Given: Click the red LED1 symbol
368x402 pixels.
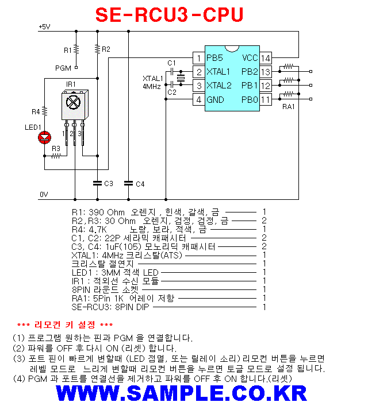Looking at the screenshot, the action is (45, 138).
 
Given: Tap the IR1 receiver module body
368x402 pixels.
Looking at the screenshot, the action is (75, 105).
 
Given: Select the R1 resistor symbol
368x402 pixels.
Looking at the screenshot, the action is (76, 49).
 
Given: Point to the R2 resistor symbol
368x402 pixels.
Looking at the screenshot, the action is (97, 49).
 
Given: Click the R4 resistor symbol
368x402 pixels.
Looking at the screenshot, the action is (45, 111).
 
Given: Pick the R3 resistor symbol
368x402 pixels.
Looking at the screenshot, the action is (56, 156).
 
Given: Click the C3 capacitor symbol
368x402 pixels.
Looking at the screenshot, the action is (97, 183).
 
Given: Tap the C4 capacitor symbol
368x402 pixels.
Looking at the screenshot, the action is (128, 183).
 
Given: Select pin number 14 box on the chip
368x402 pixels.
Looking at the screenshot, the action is (266, 58).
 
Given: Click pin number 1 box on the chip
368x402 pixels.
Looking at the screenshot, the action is (199, 58).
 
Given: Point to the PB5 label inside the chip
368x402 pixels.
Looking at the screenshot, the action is (215, 58).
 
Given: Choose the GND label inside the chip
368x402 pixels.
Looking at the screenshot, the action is (215, 99).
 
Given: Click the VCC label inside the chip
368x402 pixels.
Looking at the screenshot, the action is (250, 58).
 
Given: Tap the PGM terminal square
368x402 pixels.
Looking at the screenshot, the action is (76, 67).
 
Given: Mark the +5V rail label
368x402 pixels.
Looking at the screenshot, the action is (44, 26).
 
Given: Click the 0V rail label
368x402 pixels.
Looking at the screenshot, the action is (44, 194).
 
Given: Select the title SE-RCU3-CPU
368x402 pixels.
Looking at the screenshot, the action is (169, 14).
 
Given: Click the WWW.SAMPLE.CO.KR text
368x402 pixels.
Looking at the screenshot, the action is (182, 393).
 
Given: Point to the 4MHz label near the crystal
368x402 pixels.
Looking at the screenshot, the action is (152, 87).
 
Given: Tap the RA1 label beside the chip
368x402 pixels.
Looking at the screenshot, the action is (289, 107).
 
